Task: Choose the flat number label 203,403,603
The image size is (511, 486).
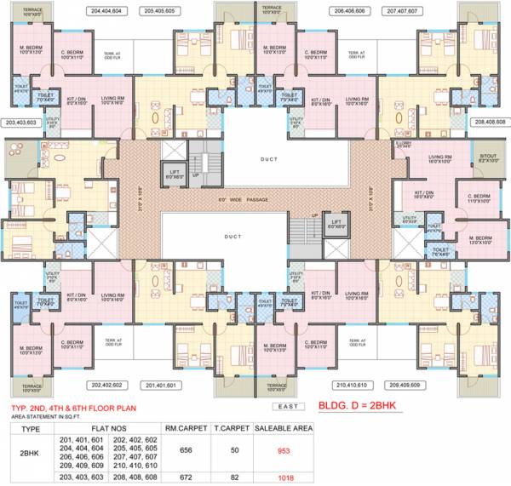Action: point(20,123)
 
